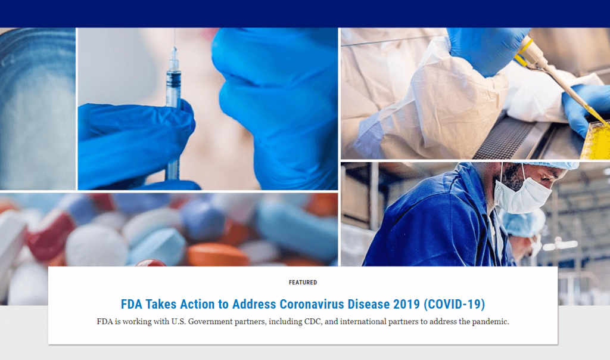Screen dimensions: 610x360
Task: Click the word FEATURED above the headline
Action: [303, 283]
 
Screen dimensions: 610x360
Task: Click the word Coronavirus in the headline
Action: [312, 304]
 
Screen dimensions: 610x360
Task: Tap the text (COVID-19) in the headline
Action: [454, 304]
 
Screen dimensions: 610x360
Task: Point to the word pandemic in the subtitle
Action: [490, 322]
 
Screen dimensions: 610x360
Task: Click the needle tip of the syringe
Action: [175, 30]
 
